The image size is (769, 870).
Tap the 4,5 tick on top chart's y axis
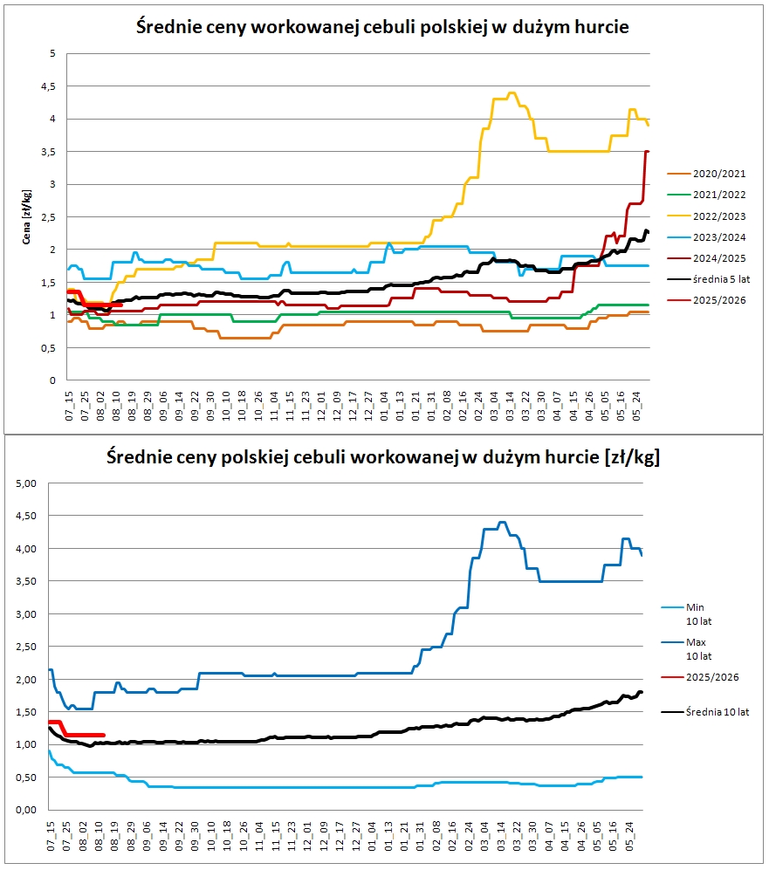point(49,86)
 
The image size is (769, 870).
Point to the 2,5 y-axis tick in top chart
point(49,217)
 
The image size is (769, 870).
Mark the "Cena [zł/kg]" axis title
point(28,217)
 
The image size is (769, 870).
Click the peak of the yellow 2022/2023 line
point(512,93)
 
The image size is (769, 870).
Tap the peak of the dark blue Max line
point(502,523)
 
